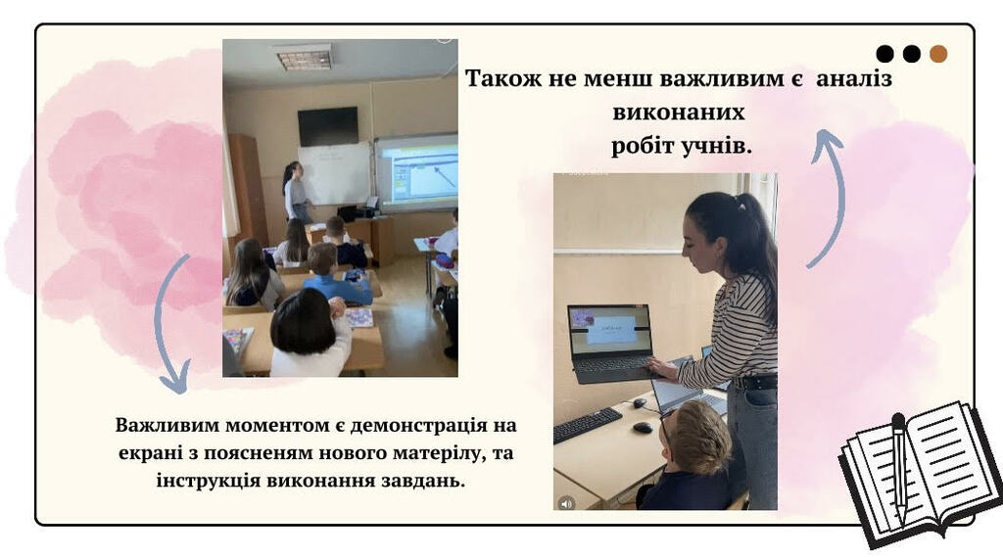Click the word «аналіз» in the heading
[853, 78]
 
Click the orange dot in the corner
[938, 54]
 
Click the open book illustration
[921, 472]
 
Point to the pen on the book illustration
[899, 468]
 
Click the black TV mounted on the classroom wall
[328, 126]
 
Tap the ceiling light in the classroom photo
[306, 58]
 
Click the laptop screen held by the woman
[609, 330]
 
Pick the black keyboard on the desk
[588, 425]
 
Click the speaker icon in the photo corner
[566, 503]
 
